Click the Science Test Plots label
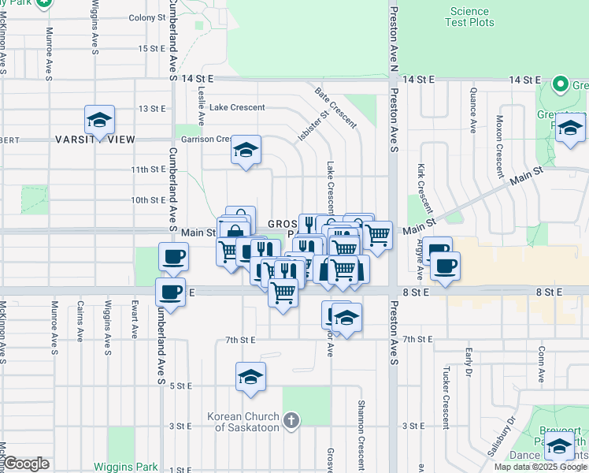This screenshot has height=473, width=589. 471,17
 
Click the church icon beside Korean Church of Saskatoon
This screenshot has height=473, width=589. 291,420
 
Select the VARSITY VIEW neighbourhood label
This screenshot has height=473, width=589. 95,140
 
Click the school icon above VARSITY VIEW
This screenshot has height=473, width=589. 100,120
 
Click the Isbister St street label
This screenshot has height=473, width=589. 313,125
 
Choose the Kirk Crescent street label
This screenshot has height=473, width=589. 426,189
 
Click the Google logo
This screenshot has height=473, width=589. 27,464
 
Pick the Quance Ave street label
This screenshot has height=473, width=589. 473,118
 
